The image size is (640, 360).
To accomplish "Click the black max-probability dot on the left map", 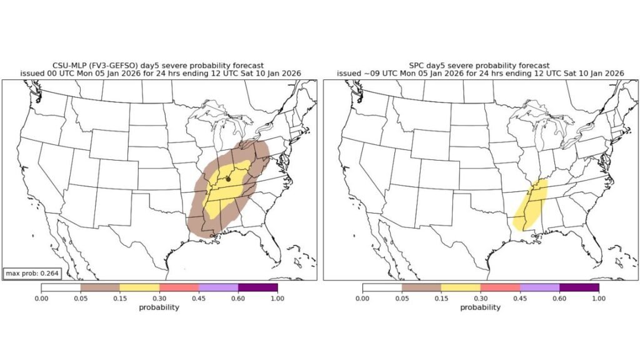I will [228, 179].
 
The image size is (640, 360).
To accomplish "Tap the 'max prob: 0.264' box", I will [32, 273].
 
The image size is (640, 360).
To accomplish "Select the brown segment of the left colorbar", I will [100, 287].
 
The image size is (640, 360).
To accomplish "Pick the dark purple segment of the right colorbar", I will [579, 287].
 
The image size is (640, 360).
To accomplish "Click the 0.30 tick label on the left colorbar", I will [160, 299].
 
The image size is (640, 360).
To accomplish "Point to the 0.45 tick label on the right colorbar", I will [520, 299].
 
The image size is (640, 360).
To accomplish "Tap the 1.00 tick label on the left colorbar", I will [277, 299].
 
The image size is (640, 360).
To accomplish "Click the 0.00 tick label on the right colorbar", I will [362, 299].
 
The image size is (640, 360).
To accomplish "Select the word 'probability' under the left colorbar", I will [159, 307].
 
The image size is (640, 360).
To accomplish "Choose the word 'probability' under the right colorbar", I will [481, 307].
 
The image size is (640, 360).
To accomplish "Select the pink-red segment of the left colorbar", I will [179, 287].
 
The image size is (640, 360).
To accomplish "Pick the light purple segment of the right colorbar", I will [539, 287].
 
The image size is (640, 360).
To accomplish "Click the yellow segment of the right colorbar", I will [461, 287].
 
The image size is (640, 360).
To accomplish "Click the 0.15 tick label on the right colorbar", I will [441, 299].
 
